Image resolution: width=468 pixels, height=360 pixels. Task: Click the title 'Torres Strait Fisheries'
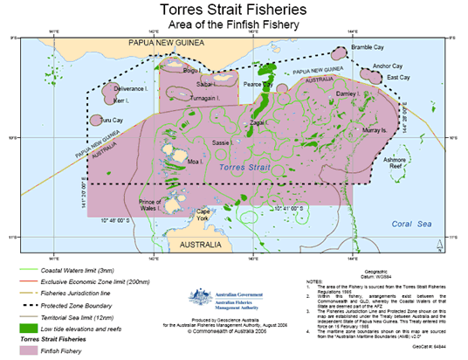pyautogui.click(x=233, y=10)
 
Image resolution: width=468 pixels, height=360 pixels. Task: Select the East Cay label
pyautogui.click(x=398, y=78)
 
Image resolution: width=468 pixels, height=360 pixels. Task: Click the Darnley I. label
pyautogui.click(x=347, y=93)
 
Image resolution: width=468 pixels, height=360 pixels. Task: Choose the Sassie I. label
pyautogui.click(x=221, y=142)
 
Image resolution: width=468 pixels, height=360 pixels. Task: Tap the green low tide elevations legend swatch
pyautogui.click(x=30, y=327)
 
